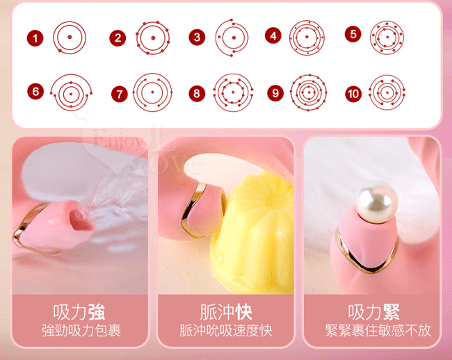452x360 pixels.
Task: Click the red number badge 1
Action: pos(35,38)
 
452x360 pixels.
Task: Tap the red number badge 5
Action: pos(353,34)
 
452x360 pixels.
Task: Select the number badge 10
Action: pos(353,94)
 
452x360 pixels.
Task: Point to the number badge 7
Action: pos(120,94)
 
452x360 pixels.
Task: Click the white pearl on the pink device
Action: pos(377,202)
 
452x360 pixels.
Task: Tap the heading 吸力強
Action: pos(79,312)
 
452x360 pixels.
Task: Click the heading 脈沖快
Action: pos(226,312)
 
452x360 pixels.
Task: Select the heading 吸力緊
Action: pos(373,312)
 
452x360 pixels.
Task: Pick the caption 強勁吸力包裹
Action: pos(81,330)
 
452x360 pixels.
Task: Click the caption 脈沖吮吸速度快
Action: pos(226,330)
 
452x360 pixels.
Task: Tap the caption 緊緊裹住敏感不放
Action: pos(378,330)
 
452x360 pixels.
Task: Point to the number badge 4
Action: pos(273,35)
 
